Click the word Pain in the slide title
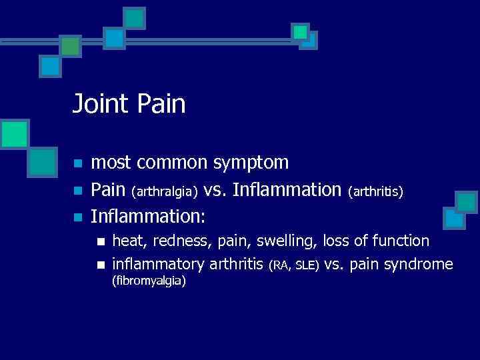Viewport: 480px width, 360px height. tap(164, 104)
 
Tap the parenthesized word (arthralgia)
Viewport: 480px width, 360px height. tap(165, 191)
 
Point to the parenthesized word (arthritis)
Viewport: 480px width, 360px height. tap(375, 191)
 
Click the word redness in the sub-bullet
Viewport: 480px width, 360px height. tap(177, 241)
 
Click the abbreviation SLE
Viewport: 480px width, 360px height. tap(306, 266)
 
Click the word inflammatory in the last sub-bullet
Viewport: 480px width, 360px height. tap(159, 265)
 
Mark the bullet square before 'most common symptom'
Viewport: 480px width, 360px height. tap(78, 163)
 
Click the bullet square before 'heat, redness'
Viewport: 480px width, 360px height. tap(101, 241)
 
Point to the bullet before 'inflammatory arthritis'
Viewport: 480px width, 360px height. tap(101, 265)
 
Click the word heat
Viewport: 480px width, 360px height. tap(127, 241)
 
